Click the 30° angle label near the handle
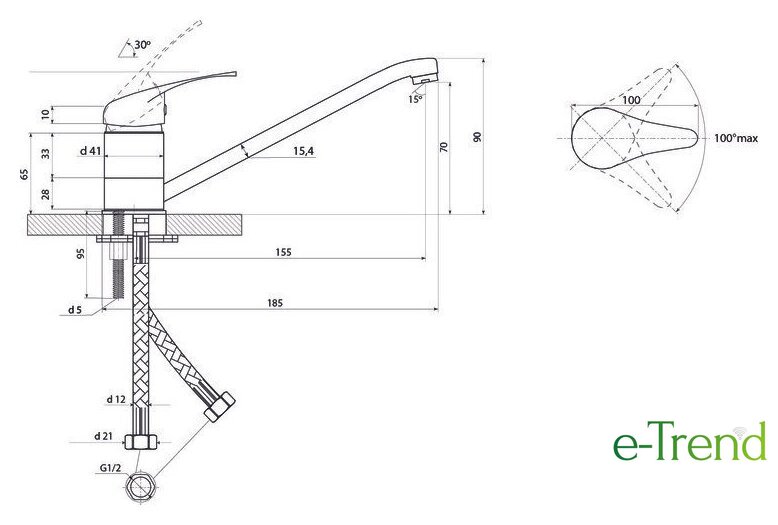[x=142, y=45]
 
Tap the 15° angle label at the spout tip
[x=415, y=99]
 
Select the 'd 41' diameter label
[x=90, y=151]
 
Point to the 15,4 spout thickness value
[x=304, y=151]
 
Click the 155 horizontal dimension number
[x=283, y=253]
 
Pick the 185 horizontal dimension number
[x=275, y=303]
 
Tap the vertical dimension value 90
[x=477, y=137]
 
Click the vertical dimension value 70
[x=444, y=147]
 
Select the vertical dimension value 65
[x=25, y=174]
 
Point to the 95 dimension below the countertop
[x=81, y=254]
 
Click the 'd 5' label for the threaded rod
[x=75, y=310]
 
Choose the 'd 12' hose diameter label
[x=116, y=399]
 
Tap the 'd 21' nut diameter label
[x=103, y=436]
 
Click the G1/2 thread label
[x=110, y=467]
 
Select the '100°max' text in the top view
[x=736, y=138]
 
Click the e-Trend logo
[x=690, y=441]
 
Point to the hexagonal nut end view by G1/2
[x=140, y=485]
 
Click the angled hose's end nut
[x=219, y=406]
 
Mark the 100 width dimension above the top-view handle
[x=631, y=100]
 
